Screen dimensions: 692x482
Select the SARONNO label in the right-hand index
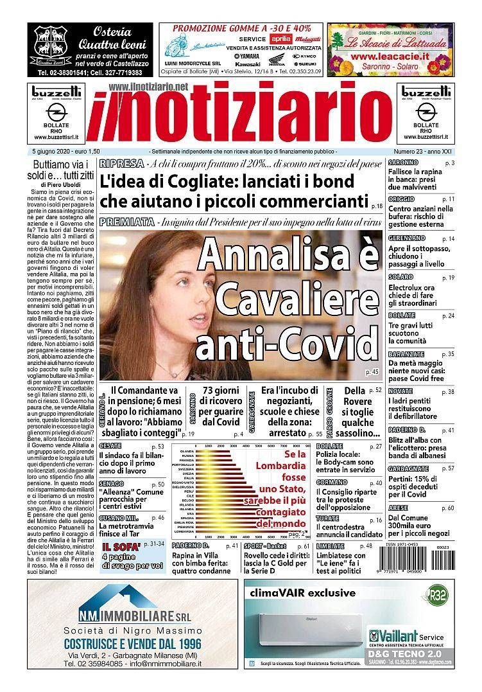click(x=403, y=163)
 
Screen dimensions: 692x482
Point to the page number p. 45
click(x=372, y=372)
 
